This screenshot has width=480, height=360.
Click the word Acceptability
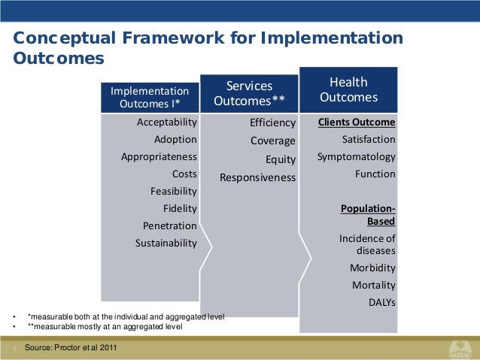point(166,123)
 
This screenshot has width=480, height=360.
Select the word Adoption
point(175,140)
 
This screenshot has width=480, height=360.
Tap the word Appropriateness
point(159,157)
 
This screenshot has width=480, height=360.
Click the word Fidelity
point(180,209)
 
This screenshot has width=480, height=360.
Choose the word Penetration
point(169,226)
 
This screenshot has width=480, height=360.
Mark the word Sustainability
point(166,244)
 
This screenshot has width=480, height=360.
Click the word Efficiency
point(272,123)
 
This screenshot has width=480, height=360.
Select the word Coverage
point(272,141)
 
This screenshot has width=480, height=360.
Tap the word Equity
point(281,159)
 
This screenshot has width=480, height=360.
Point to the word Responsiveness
point(257,178)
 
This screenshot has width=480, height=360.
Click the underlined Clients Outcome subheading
point(357,122)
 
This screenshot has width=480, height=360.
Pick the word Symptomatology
point(356,157)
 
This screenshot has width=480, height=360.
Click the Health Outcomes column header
point(348,90)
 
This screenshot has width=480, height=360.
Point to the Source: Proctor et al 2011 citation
point(70,348)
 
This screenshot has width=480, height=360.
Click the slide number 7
point(14,349)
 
